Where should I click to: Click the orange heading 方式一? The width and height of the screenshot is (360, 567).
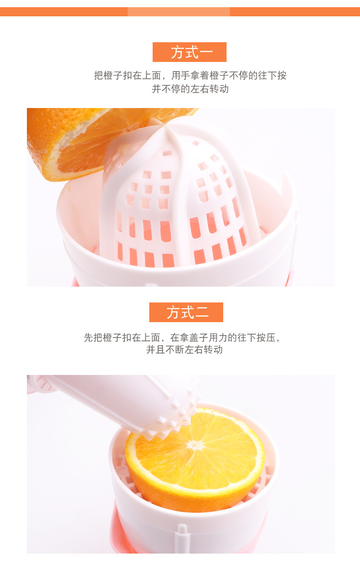(189, 52)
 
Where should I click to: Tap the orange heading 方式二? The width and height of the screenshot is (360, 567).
(186, 312)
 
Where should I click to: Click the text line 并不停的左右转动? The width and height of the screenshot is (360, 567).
(190, 89)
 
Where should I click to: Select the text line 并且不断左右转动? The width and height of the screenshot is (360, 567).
(184, 350)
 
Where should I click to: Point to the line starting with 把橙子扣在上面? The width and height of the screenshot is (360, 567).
(190, 75)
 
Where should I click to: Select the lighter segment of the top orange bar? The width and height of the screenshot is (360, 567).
(179, 12)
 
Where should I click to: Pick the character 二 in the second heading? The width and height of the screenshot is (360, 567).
(202, 312)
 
